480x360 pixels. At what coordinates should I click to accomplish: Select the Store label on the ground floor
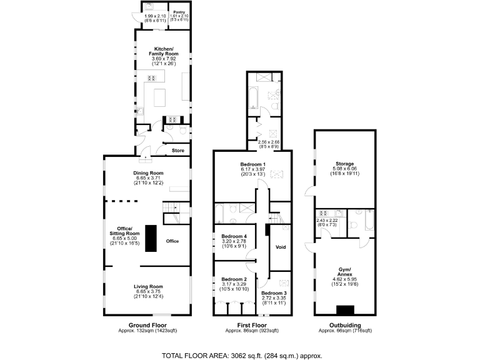(178, 151)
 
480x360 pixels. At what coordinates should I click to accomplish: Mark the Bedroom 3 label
(274, 294)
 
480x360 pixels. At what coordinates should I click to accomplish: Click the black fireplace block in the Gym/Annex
(344, 309)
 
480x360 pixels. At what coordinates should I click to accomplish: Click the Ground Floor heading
(147, 326)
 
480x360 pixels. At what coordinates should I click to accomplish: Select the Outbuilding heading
(345, 326)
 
